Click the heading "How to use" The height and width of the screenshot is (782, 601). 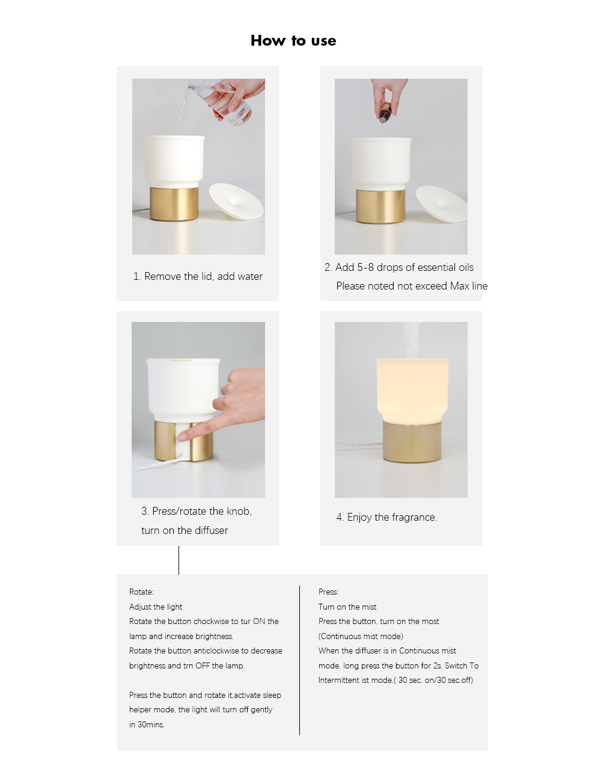(x=293, y=41)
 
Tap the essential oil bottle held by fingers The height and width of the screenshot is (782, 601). (x=384, y=113)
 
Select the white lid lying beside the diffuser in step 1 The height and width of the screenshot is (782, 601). (x=237, y=202)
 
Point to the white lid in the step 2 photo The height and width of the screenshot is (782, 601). (x=442, y=204)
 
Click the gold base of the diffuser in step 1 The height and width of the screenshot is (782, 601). (x=174, y=204)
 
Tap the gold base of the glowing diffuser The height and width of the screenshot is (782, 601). (x=412, y=441)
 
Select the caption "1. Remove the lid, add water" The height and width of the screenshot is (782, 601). (x=198, y=276)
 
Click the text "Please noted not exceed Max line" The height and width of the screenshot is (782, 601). (x=412, y=286)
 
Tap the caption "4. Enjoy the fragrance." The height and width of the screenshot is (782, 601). (x=386, y=517)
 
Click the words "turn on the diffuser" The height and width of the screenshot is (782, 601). (x=185, y=530)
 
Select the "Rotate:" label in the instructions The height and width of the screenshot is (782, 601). (x=141, y=592)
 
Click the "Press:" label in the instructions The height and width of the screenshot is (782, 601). (x=328, y=592)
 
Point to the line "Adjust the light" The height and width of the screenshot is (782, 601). (x=156, y=607)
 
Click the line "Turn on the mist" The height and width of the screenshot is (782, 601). (x=347, y=607)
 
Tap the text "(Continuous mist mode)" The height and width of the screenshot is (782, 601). (x=361, y=636)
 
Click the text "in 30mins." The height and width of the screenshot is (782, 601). (x=147, y=725)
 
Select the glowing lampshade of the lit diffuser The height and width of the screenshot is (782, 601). (x=412, y=390)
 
